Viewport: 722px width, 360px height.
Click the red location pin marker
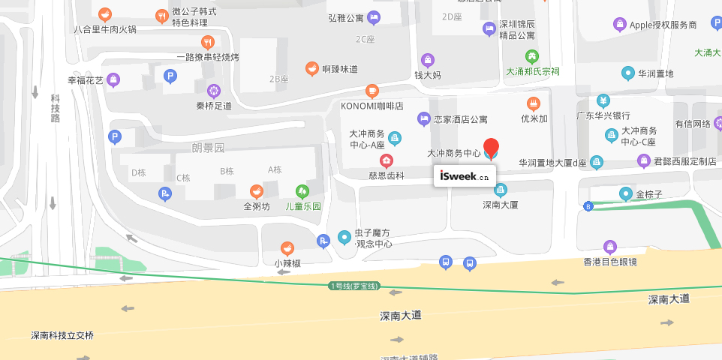tap(491, 148)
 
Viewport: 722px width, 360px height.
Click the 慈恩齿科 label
tap(387, 175)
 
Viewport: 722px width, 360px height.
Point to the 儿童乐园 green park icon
tap(302, 192)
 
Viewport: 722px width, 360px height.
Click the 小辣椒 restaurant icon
tap(287, 248)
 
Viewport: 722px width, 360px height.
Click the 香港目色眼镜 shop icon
tap(610, 247)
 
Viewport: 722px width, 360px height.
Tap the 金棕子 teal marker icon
tap(626, 194)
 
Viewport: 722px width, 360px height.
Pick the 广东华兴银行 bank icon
tap(603, 100)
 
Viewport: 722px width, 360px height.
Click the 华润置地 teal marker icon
tap(627, 73)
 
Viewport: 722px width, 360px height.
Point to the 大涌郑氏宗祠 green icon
tap(532, 56)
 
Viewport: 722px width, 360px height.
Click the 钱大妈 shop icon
tap(428, 60)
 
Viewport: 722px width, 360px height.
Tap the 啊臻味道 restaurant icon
tap(311, 69)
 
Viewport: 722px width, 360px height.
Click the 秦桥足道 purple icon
tap(214, 91)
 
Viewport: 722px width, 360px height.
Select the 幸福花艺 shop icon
tap(113, 79)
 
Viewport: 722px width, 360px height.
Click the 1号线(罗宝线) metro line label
tap(355, 286)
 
